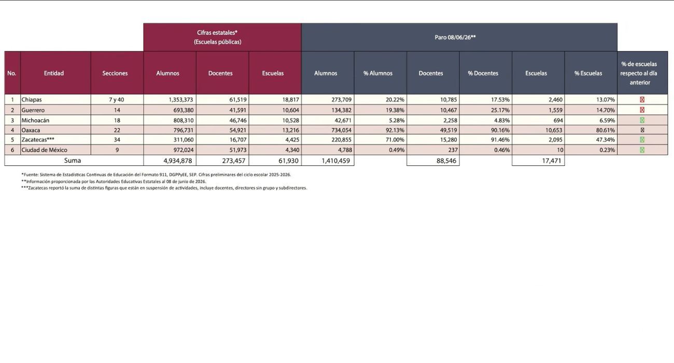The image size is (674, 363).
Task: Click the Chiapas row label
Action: point(32,100)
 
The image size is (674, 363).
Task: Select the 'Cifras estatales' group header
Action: point(218,37)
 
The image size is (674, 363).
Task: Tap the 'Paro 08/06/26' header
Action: point(455,37)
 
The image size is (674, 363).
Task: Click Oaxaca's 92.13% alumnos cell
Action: point(395,130)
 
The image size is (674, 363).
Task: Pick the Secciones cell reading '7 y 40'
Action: point(117,100)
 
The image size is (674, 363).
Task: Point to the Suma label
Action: point(73,160)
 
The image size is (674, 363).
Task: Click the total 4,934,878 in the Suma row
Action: point(178,161)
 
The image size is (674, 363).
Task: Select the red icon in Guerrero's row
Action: point(642,110)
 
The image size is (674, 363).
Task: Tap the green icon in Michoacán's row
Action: point(642,120)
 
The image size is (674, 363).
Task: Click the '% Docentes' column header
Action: point(483,73)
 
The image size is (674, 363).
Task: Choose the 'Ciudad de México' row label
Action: point(44,150)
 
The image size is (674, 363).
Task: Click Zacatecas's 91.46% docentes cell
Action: point(500,139)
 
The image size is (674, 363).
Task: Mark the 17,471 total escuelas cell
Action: point(552,161)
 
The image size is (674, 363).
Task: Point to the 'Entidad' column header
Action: point(54,73)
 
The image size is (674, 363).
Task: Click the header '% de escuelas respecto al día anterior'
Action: point(639,73)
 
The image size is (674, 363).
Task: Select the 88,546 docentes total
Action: point(446,161)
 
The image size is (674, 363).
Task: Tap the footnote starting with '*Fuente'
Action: point(156,175)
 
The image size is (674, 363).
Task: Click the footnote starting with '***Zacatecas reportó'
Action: point(164,188)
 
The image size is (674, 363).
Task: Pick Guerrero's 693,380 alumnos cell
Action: point(183,110)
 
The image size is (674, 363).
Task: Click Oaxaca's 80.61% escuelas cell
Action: point(606,130)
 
